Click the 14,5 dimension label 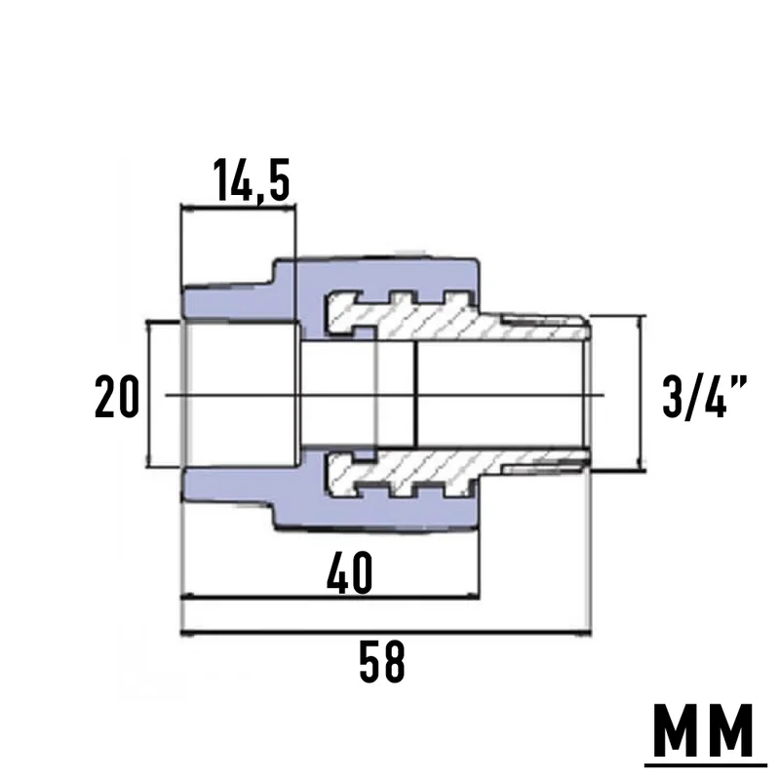[252, 180]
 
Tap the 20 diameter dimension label [117, 397]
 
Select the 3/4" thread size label [705, 397]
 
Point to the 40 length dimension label [350, 573]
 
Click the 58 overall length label [382, 662]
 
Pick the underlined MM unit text [705, 729]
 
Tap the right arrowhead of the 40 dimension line [473, 596]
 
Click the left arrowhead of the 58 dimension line [186, 633]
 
